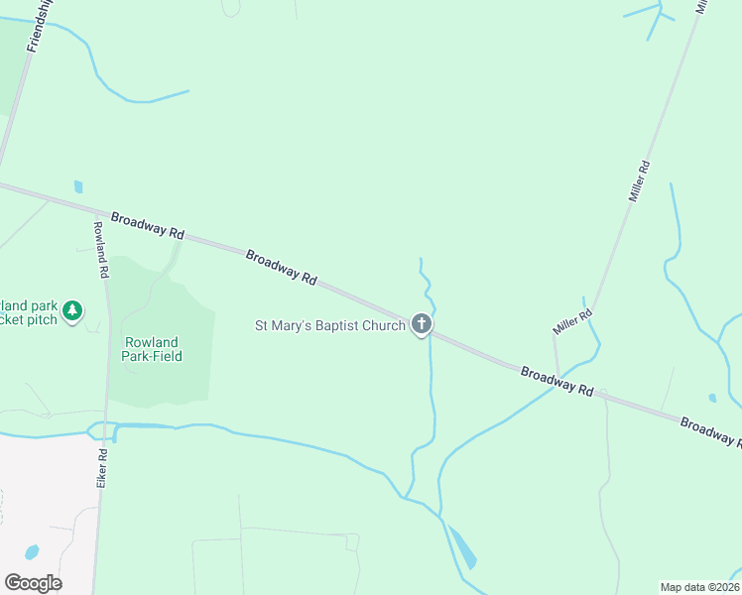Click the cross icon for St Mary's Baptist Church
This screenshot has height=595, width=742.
(x=422, y=324)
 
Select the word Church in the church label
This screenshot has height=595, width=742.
(x=385, y=325)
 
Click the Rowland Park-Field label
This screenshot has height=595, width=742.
(x=153, y=349)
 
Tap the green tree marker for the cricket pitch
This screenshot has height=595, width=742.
(x=71, y=312)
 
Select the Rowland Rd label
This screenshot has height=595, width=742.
(x=100, y=248)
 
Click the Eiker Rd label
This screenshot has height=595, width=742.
(x=103, y=466)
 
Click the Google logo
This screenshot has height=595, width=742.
(x=33, y=583)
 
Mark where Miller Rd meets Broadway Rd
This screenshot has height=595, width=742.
(x=558, y=378)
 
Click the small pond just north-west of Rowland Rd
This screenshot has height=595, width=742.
(x=78, y=186)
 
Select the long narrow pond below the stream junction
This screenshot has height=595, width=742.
(x=461, y=546)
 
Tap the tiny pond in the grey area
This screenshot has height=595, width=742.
(x=32, y=551)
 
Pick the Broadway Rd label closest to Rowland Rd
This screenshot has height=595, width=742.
(x=148, y=225)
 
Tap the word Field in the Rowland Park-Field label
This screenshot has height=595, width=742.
(x=166, y=356)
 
